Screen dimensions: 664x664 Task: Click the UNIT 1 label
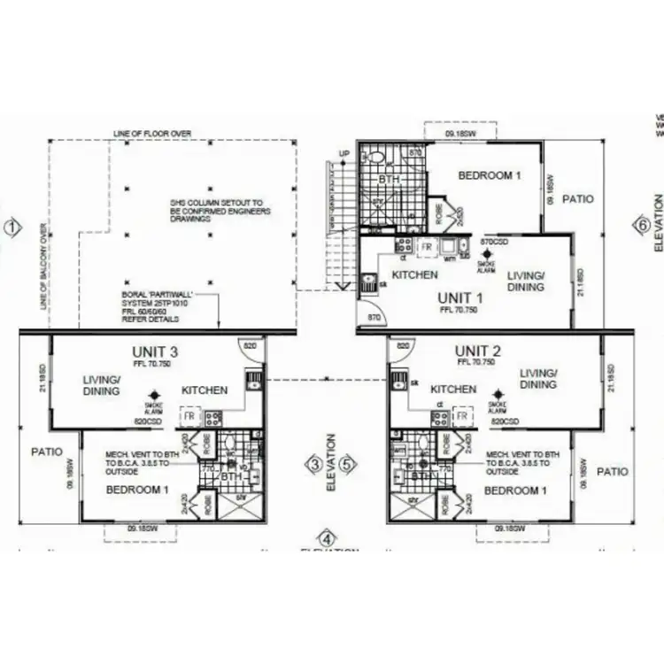click(x=460, y=297)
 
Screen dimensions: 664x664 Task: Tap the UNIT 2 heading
click(x=479, y=351)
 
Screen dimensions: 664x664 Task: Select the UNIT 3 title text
click(x=156, y=351)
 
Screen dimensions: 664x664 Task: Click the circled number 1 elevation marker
click(x=12, y=228)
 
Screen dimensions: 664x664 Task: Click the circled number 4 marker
click(x=328, y=538)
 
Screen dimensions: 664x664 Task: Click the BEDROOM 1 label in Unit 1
click(x=490, y=175)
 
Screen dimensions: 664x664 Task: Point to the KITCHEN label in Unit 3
click(x=205, y=390)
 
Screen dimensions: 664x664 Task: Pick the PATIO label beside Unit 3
click(x=46, y=452)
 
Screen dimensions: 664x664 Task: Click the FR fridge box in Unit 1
click(x=426, y=245)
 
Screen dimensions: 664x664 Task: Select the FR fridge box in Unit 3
click(x=189, y=415)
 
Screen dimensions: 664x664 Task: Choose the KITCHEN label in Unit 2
click(x=453, y=390)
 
